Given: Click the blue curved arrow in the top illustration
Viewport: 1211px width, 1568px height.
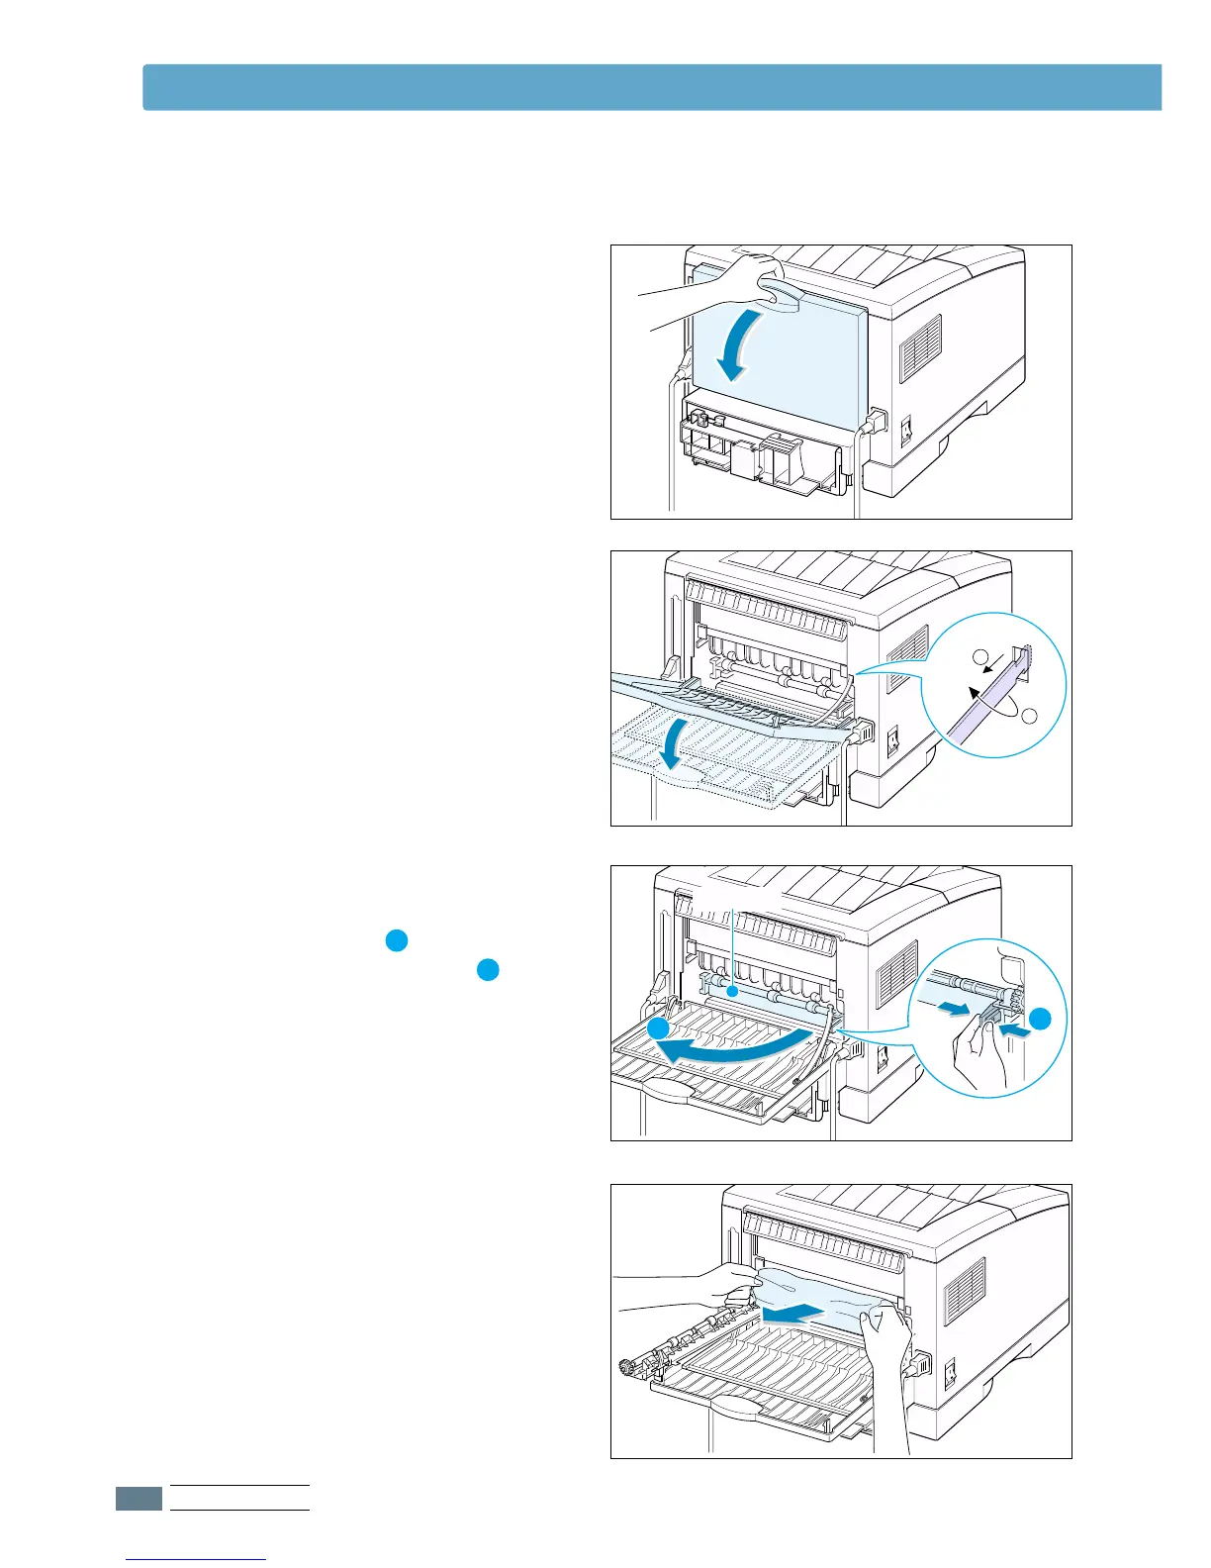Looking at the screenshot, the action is point(741,345).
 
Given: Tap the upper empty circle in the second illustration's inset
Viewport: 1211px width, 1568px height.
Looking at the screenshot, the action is point(979,656).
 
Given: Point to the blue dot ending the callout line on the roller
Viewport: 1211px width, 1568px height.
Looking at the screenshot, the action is point(730,990).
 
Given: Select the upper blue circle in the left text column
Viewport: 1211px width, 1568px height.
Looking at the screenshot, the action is point(396,941).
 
